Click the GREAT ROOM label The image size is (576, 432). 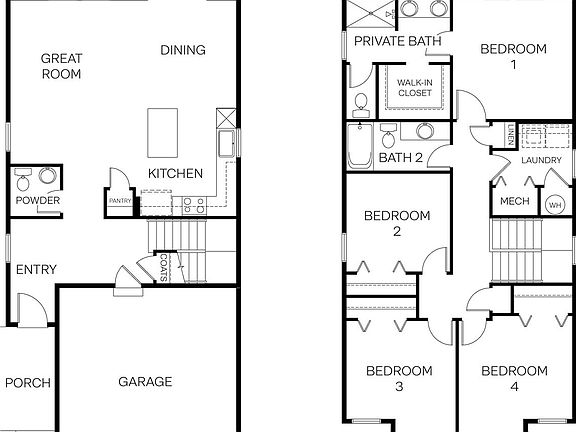[60, 66]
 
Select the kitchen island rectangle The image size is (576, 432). [166, 132]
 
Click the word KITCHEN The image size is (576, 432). [176, 174]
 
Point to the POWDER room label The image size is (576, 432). [36, 201]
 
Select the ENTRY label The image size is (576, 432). [36, 269]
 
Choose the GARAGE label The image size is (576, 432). [146, 381]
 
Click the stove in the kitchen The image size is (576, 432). [193, 204]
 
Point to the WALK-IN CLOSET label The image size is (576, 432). [415, 87]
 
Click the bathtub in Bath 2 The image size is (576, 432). [359, 148]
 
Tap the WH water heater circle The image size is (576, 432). [554, 204]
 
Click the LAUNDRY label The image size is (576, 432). [539, 160]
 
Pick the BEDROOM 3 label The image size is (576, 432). [398, 378]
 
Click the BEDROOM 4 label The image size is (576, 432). [514, 378]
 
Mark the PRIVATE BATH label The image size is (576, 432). [398, 41]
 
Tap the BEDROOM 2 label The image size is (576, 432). [396, 223]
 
